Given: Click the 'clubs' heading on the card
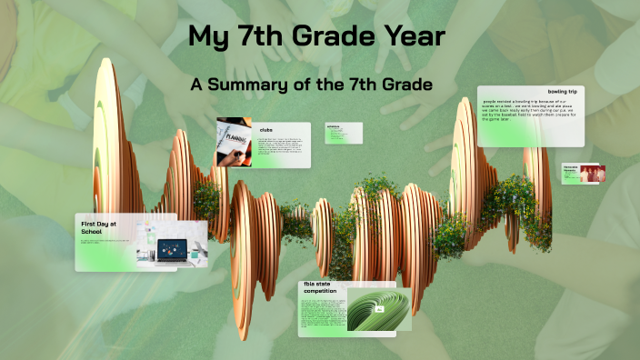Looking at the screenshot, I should tap(265, 130).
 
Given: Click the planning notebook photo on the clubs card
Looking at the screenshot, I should tap(235, 142).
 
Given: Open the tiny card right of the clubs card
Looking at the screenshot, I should tap(344, 133).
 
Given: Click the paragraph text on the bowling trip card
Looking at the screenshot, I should tap(529, 114).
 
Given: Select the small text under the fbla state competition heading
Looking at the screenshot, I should tap(320, 314).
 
